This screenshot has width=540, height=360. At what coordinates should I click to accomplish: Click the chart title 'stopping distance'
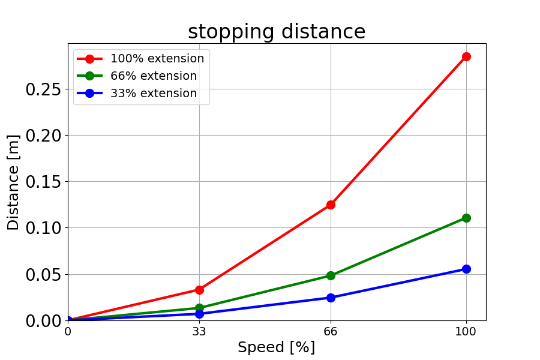point(277,32)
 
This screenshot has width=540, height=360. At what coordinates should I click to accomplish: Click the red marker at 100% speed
point(466,56)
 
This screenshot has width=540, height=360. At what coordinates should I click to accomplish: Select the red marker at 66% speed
point(331,205)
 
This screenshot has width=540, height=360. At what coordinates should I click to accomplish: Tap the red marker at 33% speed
point(199,290)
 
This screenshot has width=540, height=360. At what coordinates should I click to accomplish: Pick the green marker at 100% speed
point(466,218)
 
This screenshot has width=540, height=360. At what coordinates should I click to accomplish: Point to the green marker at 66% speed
point(331,275)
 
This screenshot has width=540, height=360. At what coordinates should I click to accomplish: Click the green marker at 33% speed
point(199,308)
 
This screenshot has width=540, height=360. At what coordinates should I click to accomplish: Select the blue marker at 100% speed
point(466,269)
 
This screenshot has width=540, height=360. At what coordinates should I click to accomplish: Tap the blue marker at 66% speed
point(331,298)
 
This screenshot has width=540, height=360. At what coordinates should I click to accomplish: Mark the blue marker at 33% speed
point(199,314)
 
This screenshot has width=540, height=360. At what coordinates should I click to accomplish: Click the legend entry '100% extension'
point(157,59)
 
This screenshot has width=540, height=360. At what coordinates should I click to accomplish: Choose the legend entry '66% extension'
point(153,76)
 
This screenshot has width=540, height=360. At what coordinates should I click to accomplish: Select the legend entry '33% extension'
point(153,94)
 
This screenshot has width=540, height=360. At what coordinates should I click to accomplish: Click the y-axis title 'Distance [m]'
point(13,182)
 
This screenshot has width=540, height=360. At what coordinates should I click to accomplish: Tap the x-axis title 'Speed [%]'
point(276,347)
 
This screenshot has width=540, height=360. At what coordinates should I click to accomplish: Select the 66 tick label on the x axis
point(331,330)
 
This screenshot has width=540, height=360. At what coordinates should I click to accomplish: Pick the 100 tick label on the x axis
point(466,330)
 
